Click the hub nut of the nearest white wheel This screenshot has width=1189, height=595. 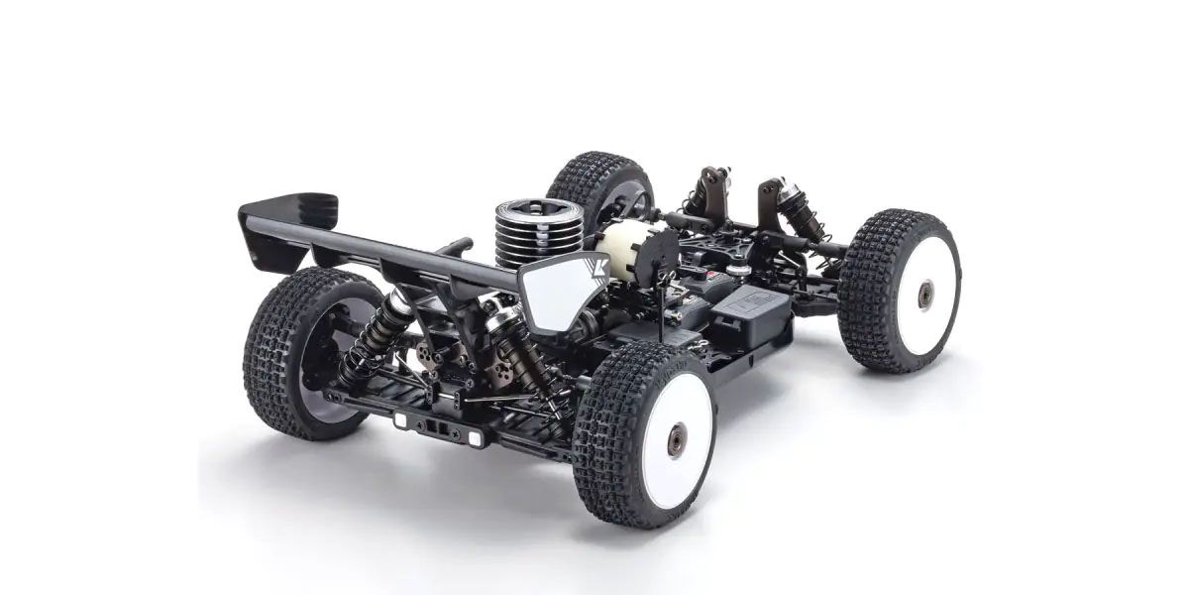677,438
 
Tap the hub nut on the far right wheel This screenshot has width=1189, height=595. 924,294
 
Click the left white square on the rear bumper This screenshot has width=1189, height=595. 401,419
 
